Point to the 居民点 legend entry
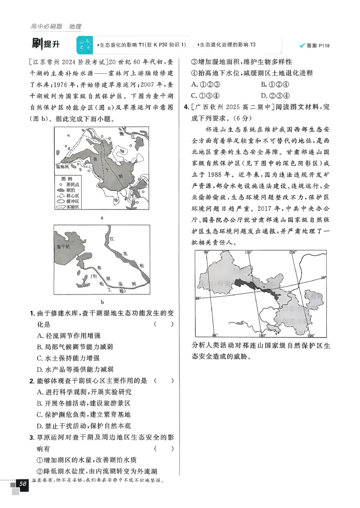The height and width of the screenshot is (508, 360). tap(72, 184)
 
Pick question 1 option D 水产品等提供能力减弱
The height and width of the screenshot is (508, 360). tap(72, 369)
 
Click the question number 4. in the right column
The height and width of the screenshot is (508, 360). tap(186, 107)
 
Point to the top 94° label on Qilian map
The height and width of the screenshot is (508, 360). tap(207, 253)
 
